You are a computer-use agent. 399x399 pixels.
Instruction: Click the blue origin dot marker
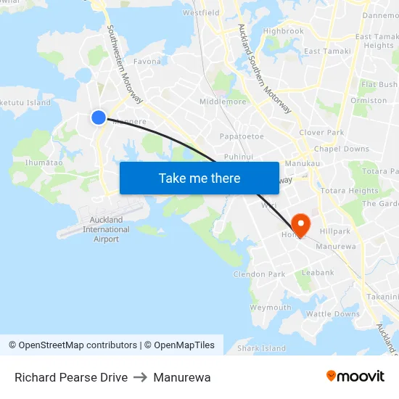coord(99,117)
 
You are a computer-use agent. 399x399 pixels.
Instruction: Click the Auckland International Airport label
coord(106,229)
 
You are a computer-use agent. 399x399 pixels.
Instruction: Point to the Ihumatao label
coord(44,163)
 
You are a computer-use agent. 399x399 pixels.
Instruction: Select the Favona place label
coord(147,62)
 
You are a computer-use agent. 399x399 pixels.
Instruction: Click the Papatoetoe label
coord(242,136)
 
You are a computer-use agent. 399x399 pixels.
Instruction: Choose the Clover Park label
coord(321,133)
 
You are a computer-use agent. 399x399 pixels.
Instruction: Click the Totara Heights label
coord(350,191)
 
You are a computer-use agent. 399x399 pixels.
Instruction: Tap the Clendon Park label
coord(259,274)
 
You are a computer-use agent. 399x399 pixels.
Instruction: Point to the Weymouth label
coord(271,308)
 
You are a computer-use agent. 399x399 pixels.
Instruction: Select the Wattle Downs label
coord(332,314)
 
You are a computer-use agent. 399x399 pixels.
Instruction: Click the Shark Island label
coord(262,348)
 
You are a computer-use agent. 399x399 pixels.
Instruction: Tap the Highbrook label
coord(284,31)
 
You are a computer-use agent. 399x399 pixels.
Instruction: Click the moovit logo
coord(355,377)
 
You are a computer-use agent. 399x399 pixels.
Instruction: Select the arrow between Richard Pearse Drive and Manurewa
coord(140,377)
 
